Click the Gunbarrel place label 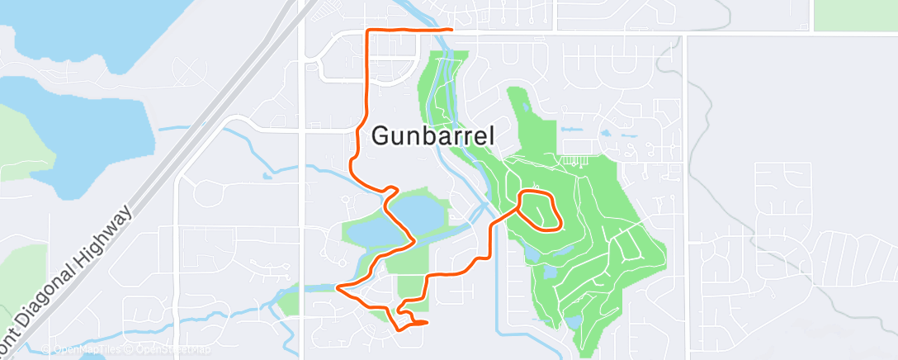click(x=433, y=135)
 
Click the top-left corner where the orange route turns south click(x=368, y=31)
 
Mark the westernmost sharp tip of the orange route click(x=338, y=287)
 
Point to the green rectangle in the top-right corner click(x=855, y=15)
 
